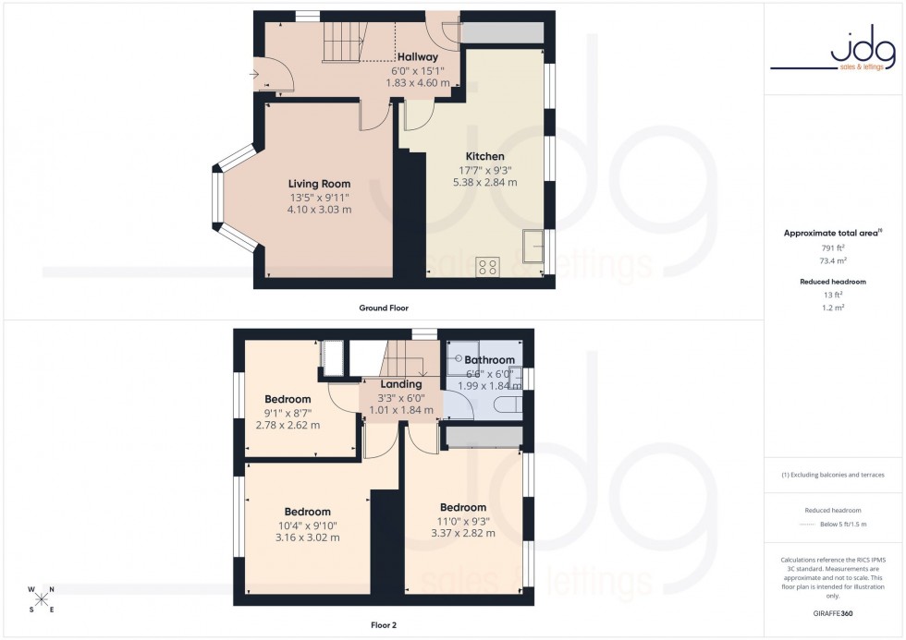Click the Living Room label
[319, 184]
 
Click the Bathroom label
[489, 359]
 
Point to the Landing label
[401, 384]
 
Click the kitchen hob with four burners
[487, 267]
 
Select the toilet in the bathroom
[508, 405]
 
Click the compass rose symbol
[42, 599]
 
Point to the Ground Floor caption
[384, 308]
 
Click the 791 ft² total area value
[834, 248]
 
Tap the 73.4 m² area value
[834, 261]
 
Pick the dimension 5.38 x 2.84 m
[484, 183]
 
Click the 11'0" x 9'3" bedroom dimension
[463, 521]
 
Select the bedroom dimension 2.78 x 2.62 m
[288, 426]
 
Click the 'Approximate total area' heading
[831, 233]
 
